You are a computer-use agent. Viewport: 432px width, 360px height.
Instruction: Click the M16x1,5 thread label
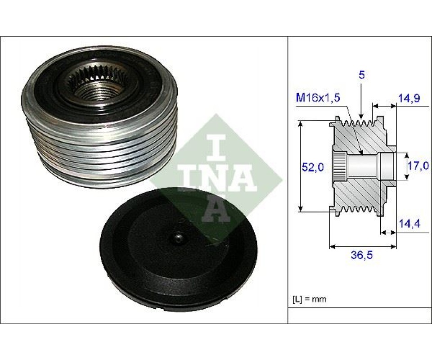click(x=318, y=98)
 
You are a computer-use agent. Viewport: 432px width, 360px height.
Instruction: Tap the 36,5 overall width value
click(x=362, y=255)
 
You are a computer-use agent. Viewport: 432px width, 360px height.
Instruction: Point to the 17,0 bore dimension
click(x=419, y=166)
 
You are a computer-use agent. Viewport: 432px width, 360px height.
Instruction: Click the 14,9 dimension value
click(x=409, y=99)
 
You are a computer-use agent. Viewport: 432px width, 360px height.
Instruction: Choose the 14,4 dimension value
click(x=409, y=224)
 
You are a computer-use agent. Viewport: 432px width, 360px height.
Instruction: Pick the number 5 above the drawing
click(x=362, y=75)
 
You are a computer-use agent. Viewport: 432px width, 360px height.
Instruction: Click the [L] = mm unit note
click(x=309, y=299)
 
